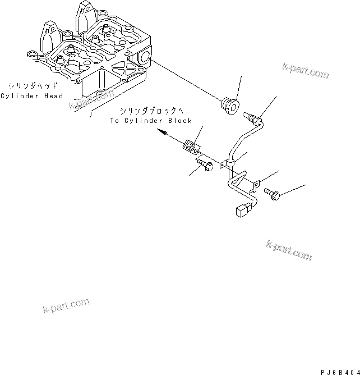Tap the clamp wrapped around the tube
pos(229,163)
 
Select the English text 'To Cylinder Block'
pos(151,121)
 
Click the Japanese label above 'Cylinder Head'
pos(30,86)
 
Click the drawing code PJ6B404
pos(339,372)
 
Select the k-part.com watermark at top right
pos(306,72)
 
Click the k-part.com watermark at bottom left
pos(66,306)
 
